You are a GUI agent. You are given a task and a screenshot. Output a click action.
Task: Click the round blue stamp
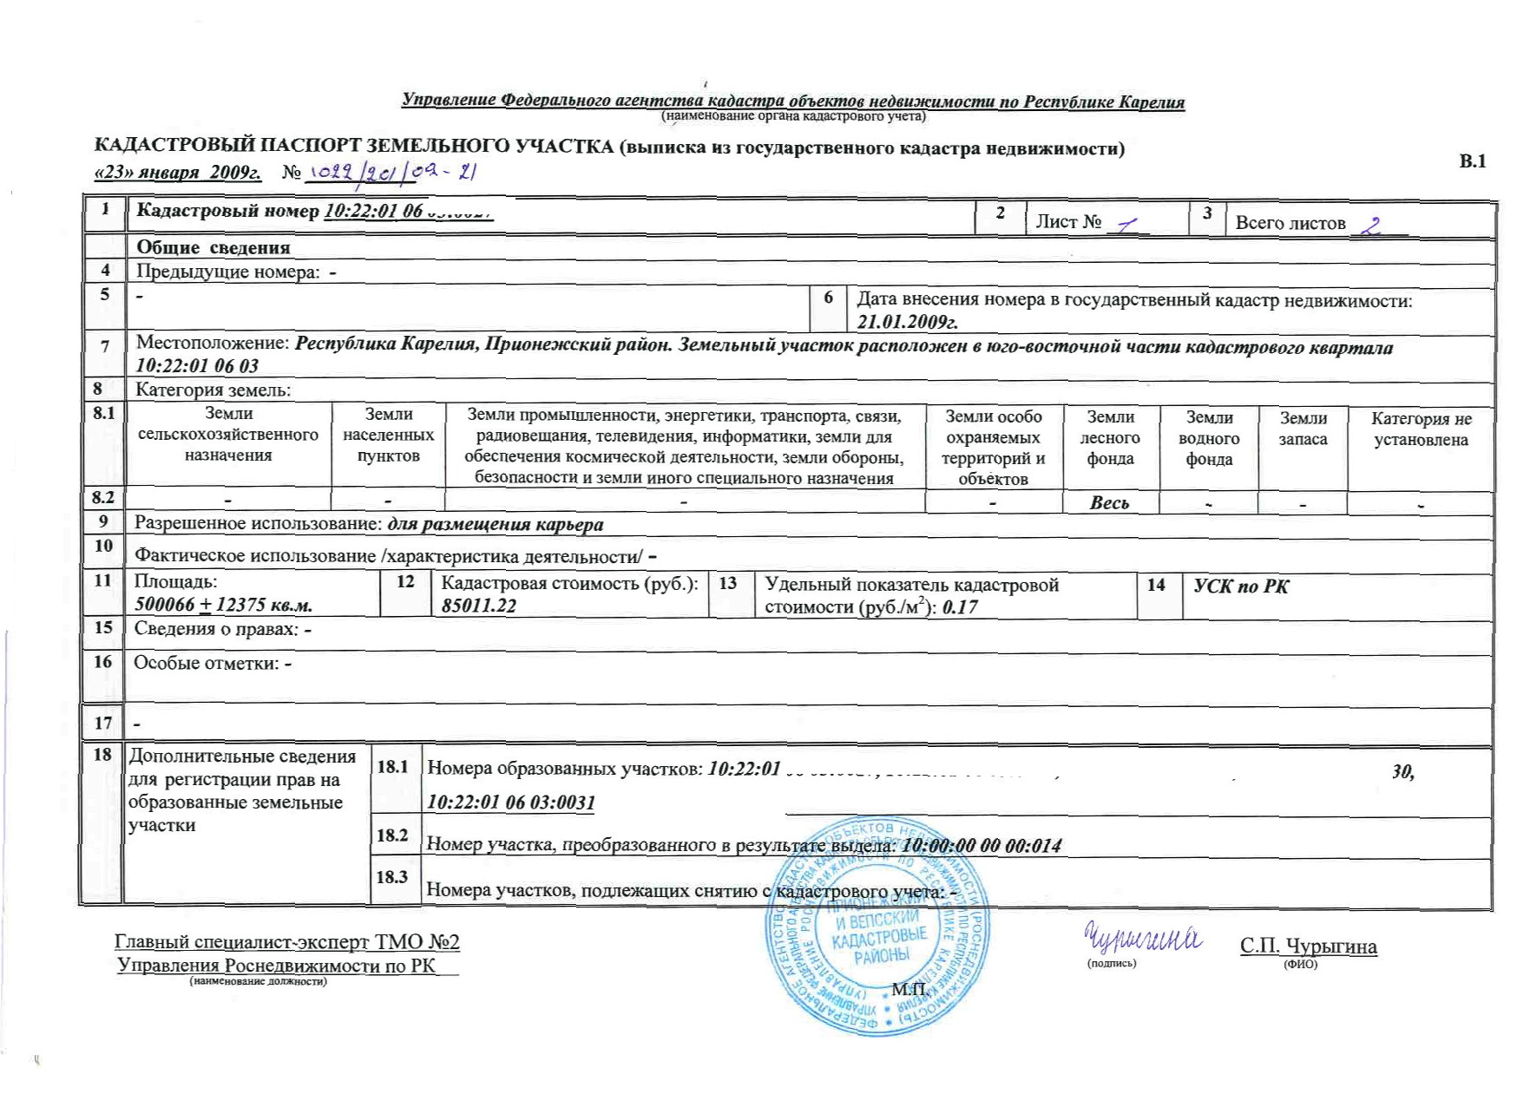coord(877,927)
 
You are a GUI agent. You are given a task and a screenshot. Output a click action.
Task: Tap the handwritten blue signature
coord(1141,939)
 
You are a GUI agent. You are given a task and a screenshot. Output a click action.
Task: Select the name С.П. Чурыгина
coord(1308,946)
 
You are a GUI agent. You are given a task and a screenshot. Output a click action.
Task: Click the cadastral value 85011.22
coord(478,606)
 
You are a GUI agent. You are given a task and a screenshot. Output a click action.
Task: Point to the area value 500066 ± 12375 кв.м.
coord(223,605)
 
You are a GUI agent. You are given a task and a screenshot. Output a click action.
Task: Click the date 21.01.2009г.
coord(907,322)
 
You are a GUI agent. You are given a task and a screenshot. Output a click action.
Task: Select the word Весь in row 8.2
coord(1109,503)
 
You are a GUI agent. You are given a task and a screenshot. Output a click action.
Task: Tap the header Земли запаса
coord(1303,429)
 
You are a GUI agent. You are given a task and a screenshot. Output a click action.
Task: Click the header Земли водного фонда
coord(1209,439)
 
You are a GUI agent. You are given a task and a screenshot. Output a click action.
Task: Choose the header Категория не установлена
coord(1421,429)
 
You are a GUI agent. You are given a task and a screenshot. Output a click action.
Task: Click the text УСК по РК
coord(1240,586)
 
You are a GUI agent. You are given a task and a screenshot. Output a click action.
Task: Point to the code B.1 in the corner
coord(1473,161)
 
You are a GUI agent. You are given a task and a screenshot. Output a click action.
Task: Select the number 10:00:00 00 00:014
coord(981,845)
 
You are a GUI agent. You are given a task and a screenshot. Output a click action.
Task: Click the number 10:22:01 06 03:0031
coord(511,802)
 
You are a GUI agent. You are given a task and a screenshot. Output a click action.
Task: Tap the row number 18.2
coord(392,835)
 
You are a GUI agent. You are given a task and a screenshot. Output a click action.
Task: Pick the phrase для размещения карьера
coord(495,525)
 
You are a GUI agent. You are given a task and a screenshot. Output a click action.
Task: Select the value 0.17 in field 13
coord(960,607)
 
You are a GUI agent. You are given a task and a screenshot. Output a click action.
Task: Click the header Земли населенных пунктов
coord(388,436)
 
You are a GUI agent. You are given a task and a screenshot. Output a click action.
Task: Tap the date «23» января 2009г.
coord(178,173)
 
